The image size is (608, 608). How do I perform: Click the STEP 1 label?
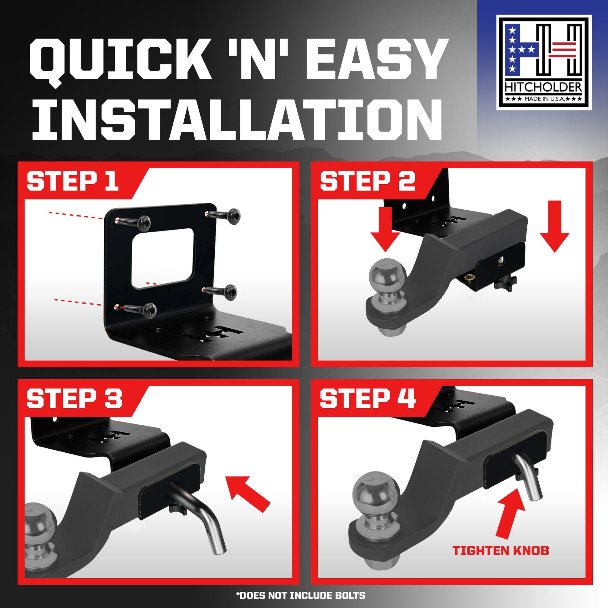73,181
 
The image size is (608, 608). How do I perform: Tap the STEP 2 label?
367,181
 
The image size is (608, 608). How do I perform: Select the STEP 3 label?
74,399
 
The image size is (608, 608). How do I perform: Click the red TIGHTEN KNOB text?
501,551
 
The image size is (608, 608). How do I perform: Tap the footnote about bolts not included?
301,596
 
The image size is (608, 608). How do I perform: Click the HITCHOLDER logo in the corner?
544,62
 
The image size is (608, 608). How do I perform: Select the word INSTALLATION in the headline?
237,120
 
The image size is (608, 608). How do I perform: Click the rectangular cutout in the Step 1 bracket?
163,258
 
